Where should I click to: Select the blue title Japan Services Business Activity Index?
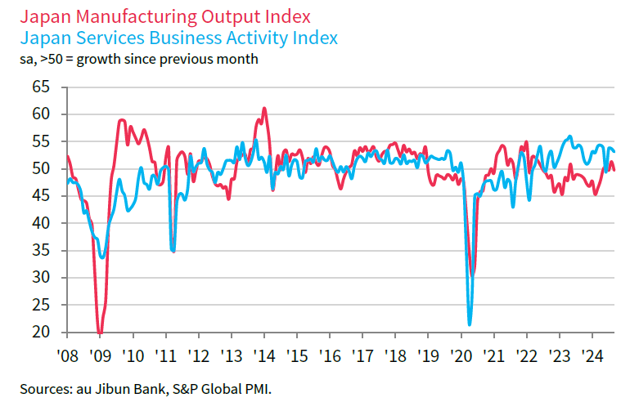pyautogui.click(x=178, y=38)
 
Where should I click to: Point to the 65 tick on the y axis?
pyautogui.click(x=41, y=87)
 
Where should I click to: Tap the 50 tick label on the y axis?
pyautogui.click(x=41, y=168)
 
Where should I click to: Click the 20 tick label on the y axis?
pyautogui.click(x=41, y=332)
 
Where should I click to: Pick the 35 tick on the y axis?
pyautogui.click(x=41, y=250)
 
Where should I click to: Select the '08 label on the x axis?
pyautogui.click(x=67, y=356)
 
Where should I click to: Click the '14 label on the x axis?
pyautogui.click(x=264, y=356)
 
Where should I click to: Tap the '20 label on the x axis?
pyautogui.click(x=461, y=356)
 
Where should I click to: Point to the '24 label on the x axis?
pyautogui.click(x=592, y=356)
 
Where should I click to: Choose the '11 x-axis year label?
pyautogui.click(x=165, y=356)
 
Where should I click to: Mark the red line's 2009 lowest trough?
pyautogui.click(x=100, y=333)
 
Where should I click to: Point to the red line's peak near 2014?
pyautogui.click(x=263, y=108)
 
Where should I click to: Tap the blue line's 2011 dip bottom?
pyautogui.click(x=173, y=250)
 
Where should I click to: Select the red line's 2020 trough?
pyautogui.click(x=473, y=275)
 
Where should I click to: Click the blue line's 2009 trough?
pyautogui.click(x=102, y=257)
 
